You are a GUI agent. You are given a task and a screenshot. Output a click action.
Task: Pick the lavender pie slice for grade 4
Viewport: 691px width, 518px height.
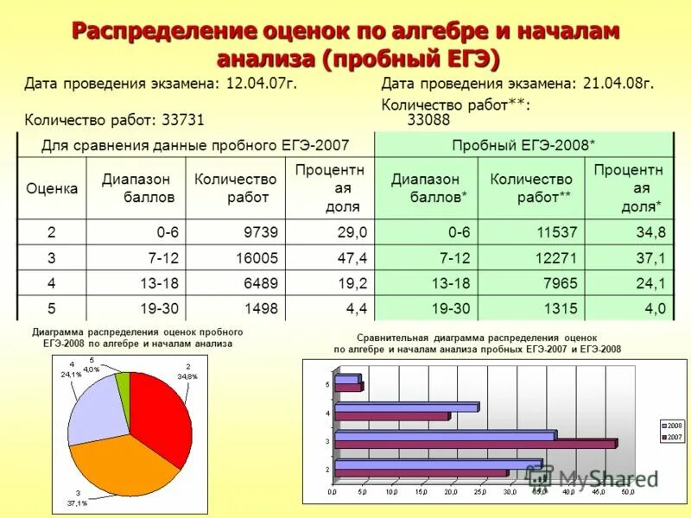93,406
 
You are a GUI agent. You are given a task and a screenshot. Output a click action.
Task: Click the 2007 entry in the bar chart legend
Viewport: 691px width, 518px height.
671,437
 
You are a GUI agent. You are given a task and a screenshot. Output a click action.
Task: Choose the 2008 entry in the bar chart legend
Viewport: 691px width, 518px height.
671,426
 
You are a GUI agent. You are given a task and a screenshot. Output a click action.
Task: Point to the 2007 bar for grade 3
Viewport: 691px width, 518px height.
475,444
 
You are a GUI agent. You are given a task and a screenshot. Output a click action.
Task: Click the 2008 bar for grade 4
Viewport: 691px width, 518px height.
406,407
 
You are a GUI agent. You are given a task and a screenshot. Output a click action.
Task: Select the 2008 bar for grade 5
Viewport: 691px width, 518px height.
346,379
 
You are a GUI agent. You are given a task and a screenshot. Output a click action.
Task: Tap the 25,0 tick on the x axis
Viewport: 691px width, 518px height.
480,492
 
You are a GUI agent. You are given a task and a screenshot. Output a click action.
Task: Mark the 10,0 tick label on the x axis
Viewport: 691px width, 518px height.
391,492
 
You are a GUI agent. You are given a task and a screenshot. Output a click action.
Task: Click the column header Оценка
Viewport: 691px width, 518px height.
52,188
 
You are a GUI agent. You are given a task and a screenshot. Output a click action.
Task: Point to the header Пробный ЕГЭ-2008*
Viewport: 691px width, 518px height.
523,144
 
